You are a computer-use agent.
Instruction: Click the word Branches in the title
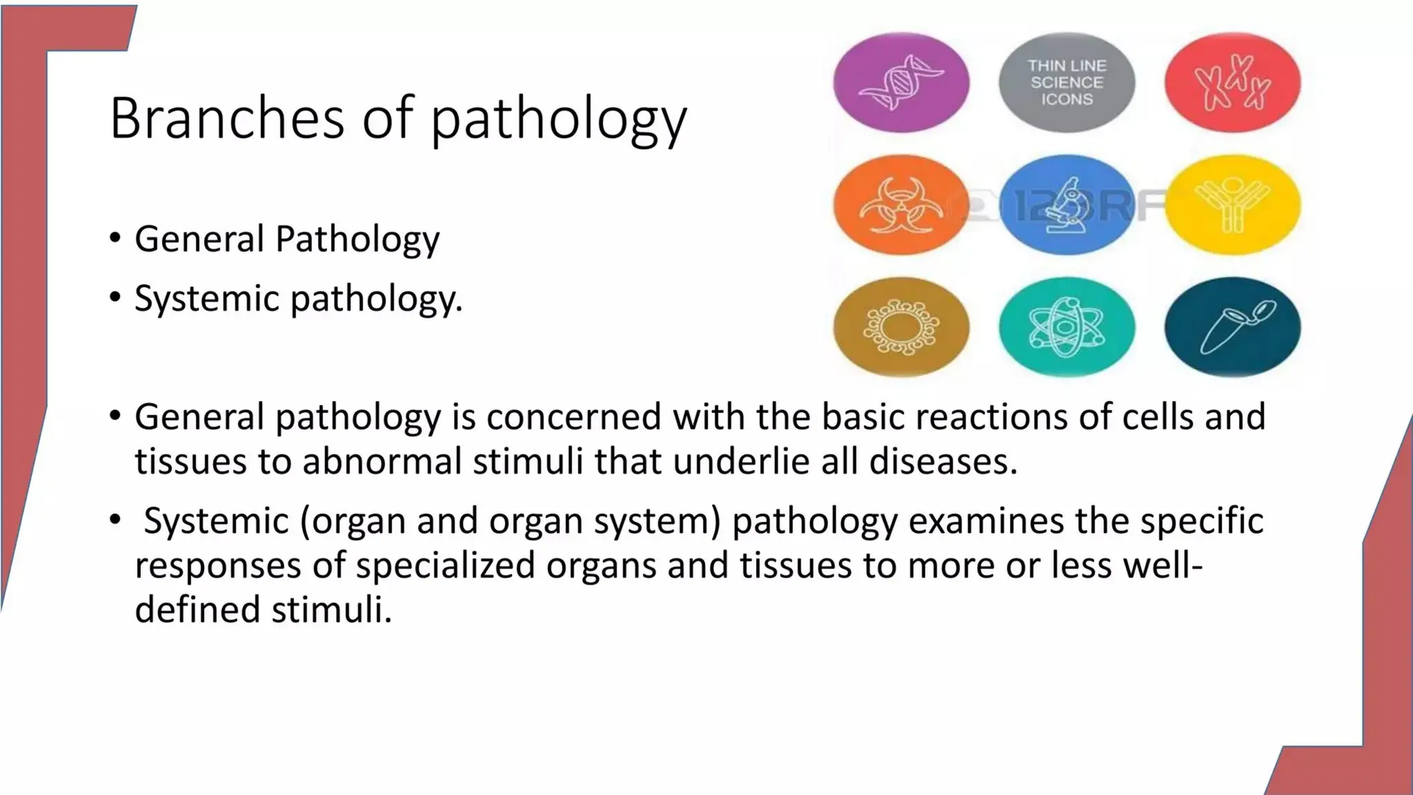226,119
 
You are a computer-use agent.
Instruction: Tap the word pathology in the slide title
559,121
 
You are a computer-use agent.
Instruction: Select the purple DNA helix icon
901,83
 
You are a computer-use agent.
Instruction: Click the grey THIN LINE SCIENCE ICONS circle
1067,83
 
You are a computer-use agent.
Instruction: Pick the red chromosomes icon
1233,83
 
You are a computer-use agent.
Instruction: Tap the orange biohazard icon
901,205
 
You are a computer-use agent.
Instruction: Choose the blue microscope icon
1067,205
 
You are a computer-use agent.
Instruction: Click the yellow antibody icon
1233,205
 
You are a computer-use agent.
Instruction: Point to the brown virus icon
901,327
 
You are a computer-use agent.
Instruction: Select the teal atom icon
1067,327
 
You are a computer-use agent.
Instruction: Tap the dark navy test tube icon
1233,327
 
